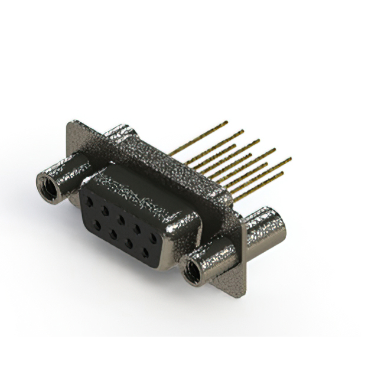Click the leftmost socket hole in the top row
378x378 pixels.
(90, 201)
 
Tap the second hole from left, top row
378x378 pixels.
(105, 210)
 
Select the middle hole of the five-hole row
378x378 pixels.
(121, 219)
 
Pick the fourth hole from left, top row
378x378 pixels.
(138, 229)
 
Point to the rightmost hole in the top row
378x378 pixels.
(154, 238)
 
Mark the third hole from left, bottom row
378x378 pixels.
(128, 243)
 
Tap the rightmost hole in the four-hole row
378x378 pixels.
(145, 253)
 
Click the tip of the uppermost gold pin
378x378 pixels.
(226, 123)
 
